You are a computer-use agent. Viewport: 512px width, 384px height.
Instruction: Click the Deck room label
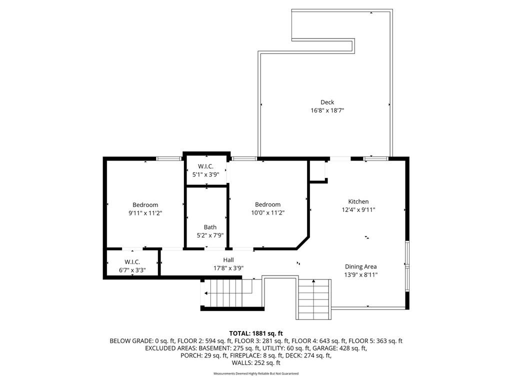(x=327, y=102)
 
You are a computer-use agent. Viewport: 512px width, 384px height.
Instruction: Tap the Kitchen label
(x=358, y=201)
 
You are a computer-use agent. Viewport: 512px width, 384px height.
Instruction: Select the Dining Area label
(x=361, y=266)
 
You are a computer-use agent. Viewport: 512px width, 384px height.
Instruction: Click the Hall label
(x=228, y=260)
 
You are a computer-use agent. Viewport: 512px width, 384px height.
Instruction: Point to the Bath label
(x=210, y=227)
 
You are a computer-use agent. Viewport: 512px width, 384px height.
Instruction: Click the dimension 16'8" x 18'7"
(x=327, y=110)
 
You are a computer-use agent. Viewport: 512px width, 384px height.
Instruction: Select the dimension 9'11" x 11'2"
(x=145, y=213)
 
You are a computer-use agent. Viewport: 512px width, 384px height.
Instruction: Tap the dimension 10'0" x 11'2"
(x=268, y=212)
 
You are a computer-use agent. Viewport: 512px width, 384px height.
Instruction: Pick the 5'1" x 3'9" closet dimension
(x=205, y=174)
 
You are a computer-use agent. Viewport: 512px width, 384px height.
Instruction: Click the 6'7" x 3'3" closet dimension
(x=132, y=270)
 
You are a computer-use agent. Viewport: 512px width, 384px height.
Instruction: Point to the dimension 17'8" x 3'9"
(x=228, y=268)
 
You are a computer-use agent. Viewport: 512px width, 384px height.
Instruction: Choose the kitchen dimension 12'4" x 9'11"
(x=358, y=209)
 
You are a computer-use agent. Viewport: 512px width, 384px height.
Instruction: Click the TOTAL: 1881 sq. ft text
(x=256, y=333)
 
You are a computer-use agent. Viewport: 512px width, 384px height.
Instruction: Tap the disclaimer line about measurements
(x=256, y=373)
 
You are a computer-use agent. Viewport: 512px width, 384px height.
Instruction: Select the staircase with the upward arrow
(x=313, y=299)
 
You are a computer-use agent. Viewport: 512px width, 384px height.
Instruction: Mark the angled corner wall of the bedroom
(x=302, y=242)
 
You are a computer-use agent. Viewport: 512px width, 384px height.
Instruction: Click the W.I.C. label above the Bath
(x=205, y=166)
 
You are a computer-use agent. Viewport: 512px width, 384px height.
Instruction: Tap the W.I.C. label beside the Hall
(x=132, y=262)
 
